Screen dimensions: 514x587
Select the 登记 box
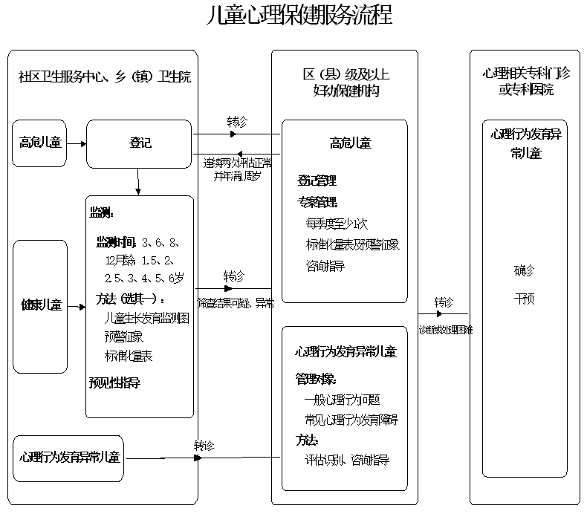tap(140, 143)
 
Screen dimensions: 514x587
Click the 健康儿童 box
tap(40, 305)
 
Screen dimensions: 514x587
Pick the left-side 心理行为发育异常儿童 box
tap(69, 456)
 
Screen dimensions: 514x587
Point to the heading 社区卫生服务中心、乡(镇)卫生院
tap(104, 77)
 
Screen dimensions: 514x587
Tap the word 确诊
tap(524, 270)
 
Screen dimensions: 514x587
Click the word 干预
tap(524, 299)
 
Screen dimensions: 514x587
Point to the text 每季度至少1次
tap(337, 223)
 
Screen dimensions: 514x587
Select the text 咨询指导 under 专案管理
tap(325, 266)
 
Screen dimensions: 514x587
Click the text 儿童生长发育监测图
tap(147, 318)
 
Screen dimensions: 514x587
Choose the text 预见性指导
tap(114, 383)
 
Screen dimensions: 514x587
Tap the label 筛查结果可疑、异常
tap(236, 303)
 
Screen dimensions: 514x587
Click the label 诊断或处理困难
tap(445, 328)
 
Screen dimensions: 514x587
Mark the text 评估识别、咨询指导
tap(346, 460)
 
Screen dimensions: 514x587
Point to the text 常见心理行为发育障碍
tap(351, 420)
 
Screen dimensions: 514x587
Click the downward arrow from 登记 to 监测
tap(139, 183)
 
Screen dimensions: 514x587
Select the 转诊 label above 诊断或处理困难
tap(444, 302)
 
